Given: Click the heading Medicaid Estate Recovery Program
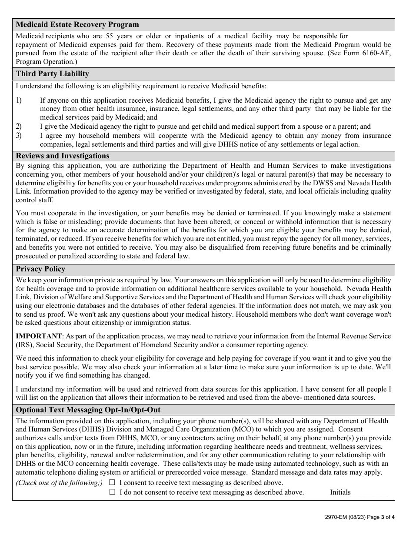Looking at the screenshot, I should pos(77,24).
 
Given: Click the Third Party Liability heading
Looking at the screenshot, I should pos(52,74).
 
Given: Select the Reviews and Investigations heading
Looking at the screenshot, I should pos(63,156).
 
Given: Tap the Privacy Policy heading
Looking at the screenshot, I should pos(40,269).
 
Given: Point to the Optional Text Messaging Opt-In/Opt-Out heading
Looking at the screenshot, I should pos(88,410).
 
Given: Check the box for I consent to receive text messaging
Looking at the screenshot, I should pos(112,482).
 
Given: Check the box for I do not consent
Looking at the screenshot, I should pos(112,492).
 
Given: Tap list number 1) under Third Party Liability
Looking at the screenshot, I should pos(19,100).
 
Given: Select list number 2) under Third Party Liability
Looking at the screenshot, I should pos(19,127).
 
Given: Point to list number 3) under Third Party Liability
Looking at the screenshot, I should pos(19,135).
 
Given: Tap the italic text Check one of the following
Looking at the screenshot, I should pos(59,483).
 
